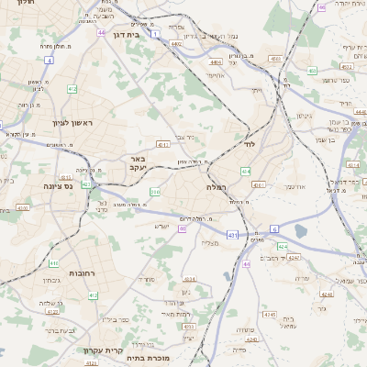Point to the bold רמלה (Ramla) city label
tap(221, 187)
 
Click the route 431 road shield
tap(232, 236)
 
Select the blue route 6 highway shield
tap(273, 228)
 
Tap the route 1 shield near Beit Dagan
tap(156, 35)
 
